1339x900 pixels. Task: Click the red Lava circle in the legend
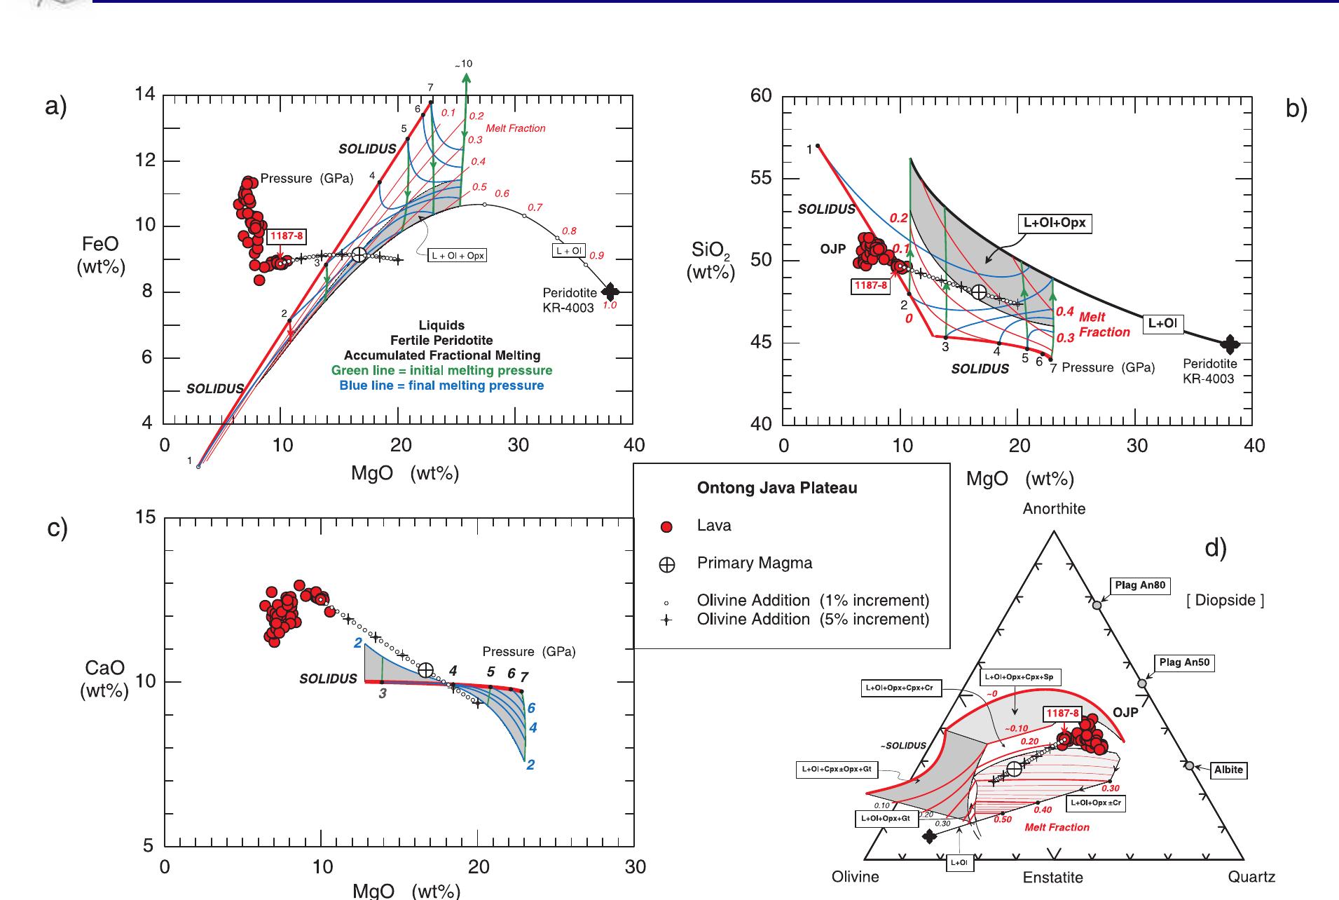pyautogui.click(x=667, y=527)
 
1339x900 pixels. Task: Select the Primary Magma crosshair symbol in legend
pyautogui.click(x=667, y=565)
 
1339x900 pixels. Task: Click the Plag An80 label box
pyautogui.click(x=1141, y=585)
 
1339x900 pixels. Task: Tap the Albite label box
pyautogui.click(x=1228, y=770)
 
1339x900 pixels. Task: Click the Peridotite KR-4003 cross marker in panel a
pyautogui.click(x=610, y=291)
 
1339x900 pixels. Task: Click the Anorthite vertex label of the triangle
pyautogui.click(x=1053, y=509)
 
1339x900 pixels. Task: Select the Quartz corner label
pyautogui.click(x=1251, y=877)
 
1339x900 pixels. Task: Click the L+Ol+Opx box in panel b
pyautogui.click(x=1054, y=223)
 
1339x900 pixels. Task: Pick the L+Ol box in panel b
pyautogui.click(x=1163, y=323)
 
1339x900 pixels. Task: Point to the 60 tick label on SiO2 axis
pyautogui.click(x=761, y=96)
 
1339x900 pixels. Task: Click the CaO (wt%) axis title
pyautogui.click(x=104, y=680)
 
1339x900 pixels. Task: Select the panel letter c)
pyautogui.click(x=57, y=528)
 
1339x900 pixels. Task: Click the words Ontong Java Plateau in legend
pyautogui.click(x=776, y=488)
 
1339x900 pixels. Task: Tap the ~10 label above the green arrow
pyautogui.click(x=464, y=64)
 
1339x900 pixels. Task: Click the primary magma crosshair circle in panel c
pyautogui.click(x=425, y=669)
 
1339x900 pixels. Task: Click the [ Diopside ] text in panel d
pyautogui.click(x=1225, y=601)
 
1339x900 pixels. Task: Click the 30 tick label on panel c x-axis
pyautogui.click(x=635, y=867)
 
